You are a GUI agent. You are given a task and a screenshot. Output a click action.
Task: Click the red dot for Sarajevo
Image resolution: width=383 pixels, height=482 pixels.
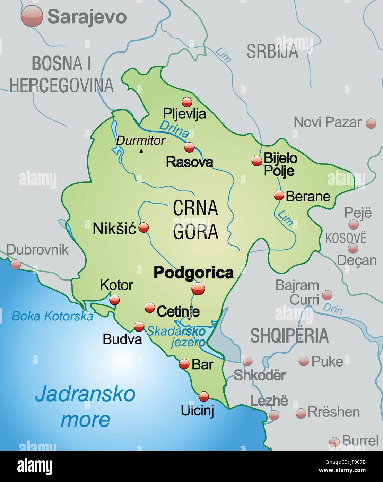(32, 16)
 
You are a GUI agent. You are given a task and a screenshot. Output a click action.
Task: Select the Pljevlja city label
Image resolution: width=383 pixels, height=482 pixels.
(184, 113)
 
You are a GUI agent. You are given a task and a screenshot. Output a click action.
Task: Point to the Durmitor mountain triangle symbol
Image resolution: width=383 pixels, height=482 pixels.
(141, 151)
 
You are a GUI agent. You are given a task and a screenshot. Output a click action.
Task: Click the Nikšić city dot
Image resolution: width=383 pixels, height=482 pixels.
(143, 227)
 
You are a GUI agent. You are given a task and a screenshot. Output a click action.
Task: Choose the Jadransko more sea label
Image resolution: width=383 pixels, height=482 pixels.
(85, 406)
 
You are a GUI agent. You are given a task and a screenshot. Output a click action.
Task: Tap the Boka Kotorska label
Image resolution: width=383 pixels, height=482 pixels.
(52, 316)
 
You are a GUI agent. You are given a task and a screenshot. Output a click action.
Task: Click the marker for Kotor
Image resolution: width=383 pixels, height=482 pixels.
(114, 300)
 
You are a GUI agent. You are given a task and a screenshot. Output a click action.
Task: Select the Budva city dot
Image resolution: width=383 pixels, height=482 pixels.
(139, 326)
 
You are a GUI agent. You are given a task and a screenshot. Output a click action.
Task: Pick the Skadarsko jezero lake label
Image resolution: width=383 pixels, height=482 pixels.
(177, 336)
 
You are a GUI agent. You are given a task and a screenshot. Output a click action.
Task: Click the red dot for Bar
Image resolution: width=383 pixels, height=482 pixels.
(184, 364)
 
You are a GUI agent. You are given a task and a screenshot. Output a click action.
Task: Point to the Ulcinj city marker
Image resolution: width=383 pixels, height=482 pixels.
(204, 396)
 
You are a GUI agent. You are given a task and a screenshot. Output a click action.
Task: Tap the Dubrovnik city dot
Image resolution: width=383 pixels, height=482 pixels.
(16, 264)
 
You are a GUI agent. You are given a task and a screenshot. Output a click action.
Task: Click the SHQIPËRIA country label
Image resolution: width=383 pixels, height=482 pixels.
(289, 335)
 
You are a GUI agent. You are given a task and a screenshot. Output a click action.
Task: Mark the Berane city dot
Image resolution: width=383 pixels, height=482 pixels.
(279, 195)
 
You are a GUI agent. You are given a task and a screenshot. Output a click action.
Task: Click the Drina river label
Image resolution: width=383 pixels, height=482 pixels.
(174, 129)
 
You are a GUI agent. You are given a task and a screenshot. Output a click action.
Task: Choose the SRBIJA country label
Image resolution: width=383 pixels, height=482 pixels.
(272, 51)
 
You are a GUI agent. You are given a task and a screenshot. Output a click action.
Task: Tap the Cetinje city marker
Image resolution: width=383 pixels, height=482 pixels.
(150, 307)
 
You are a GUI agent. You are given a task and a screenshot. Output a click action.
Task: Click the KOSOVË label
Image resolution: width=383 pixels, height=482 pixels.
(346, 238)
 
